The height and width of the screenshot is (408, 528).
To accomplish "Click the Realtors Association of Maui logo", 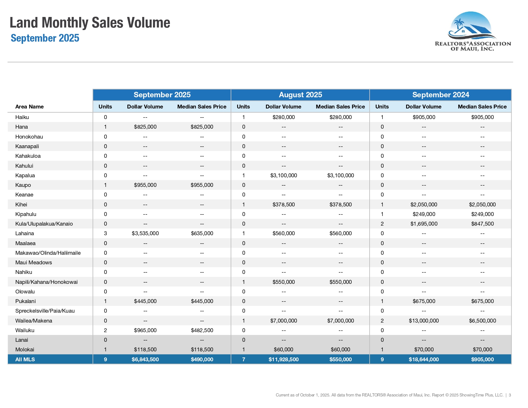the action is pos(473,31).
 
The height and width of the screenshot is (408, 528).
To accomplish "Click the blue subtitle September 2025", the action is pos(45,38).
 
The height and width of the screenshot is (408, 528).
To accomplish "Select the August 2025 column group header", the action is pos(300,95).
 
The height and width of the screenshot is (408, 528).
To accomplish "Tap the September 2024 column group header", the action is pos(441,95).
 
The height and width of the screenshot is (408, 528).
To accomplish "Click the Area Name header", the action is pos(29,107).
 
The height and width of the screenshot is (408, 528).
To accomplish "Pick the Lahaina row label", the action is pos(25,234).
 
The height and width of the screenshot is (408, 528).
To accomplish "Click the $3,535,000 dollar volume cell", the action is pos(145,234).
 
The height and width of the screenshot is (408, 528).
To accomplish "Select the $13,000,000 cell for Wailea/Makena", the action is pos(424,321).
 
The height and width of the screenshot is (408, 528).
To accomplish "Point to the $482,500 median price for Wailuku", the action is pos(202,331).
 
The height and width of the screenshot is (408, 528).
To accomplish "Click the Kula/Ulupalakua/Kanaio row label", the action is pos(44,224).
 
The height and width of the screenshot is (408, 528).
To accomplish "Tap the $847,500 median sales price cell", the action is pos(482,224).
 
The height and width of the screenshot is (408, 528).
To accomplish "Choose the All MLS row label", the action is pos(25,359).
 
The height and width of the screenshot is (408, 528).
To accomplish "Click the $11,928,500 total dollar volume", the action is pos(284,359).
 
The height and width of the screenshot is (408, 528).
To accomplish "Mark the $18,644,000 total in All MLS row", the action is pos(424,359).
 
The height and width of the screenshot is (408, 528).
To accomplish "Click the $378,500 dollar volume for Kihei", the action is pos(284,204).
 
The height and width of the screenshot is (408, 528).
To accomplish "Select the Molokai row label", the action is pos(25,350).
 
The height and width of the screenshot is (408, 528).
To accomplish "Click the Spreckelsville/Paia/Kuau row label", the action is pos(45,311).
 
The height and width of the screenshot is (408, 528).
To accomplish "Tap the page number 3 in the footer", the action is pos(510,395).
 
